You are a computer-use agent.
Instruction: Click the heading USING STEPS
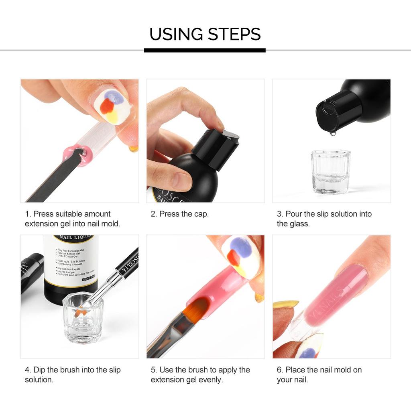pos(205,34)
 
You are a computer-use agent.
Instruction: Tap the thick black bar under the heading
pos(205,50)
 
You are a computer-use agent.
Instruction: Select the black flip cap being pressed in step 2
pos(216,145)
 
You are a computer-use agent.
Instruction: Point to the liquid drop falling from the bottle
pos(332,132)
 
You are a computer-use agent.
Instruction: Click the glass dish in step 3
pos(330,171)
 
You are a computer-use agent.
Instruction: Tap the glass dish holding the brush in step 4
pos(83,317)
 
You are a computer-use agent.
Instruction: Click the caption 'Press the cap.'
pos(180,214)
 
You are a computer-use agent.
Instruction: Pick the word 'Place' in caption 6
pos(295,370)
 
